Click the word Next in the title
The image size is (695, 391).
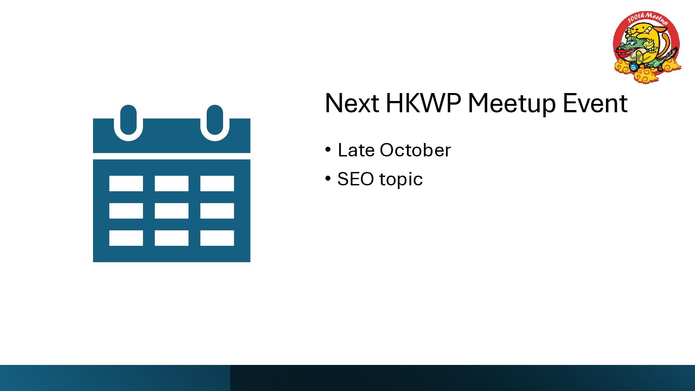352,103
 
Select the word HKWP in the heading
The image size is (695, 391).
423,103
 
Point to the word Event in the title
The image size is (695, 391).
595,103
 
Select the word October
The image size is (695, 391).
415,150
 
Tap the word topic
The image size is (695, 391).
401,180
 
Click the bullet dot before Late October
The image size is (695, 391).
328,150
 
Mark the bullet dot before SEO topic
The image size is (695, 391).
328,178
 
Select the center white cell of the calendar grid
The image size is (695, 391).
172,211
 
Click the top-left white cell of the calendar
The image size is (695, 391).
126,183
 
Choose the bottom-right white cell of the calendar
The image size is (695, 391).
217,238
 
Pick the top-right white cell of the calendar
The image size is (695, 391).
217,183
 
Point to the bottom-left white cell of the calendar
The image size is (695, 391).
126,238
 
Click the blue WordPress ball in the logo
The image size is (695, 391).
633,67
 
